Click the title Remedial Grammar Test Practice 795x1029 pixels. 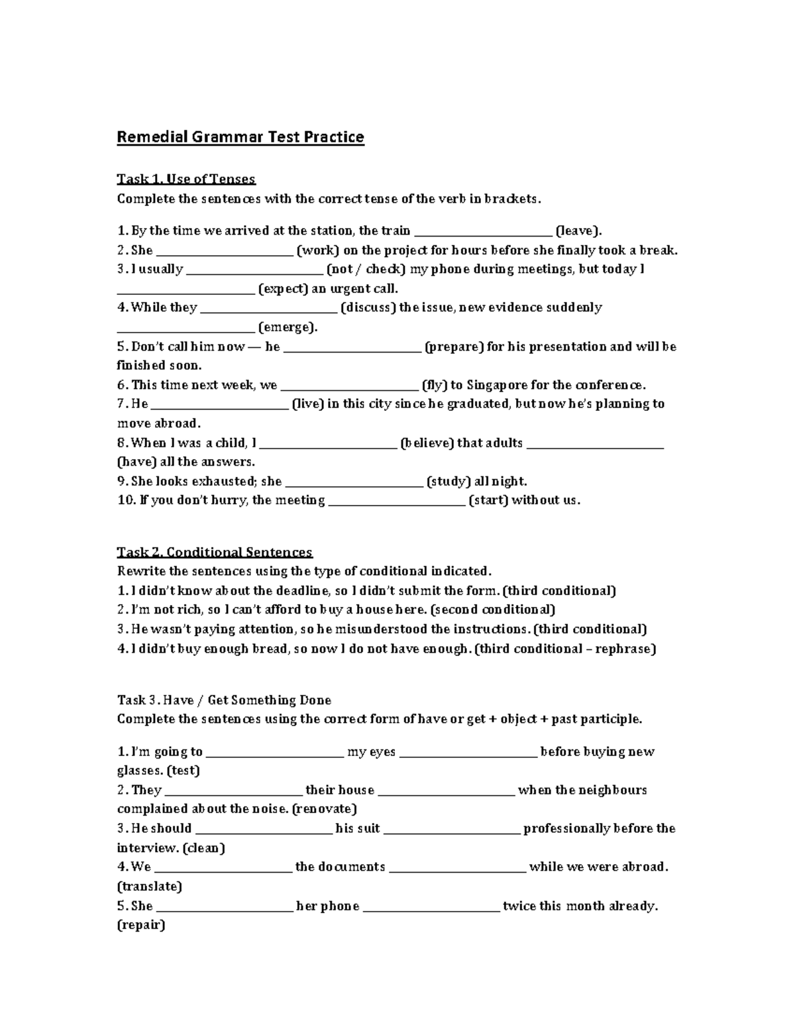coord(240,137)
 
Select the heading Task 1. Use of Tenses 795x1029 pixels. coord(186,179)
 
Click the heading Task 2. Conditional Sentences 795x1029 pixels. coord(215,552)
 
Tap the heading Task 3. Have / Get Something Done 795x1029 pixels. coord(224,700)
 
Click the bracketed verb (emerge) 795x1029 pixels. coord(288,327)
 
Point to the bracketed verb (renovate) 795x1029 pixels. coord(324,808)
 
